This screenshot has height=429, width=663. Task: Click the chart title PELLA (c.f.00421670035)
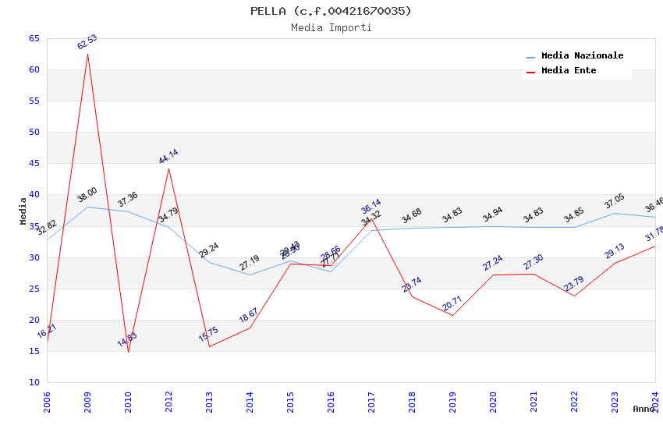click(331, 11)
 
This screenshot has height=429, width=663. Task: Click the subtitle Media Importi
click(331, 27)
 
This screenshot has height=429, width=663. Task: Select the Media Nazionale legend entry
click(582, 56)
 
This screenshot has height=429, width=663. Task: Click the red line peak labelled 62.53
click(87, 53)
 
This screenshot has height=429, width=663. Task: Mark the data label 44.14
click(168, 157)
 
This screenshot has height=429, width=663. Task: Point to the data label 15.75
click(208, 335)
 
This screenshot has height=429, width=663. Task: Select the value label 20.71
click(452, 303)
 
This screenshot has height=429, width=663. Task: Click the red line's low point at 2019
click(452, 315)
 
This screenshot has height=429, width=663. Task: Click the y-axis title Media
click(23, 211)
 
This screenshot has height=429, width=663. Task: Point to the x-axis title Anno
click(643, 409)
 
